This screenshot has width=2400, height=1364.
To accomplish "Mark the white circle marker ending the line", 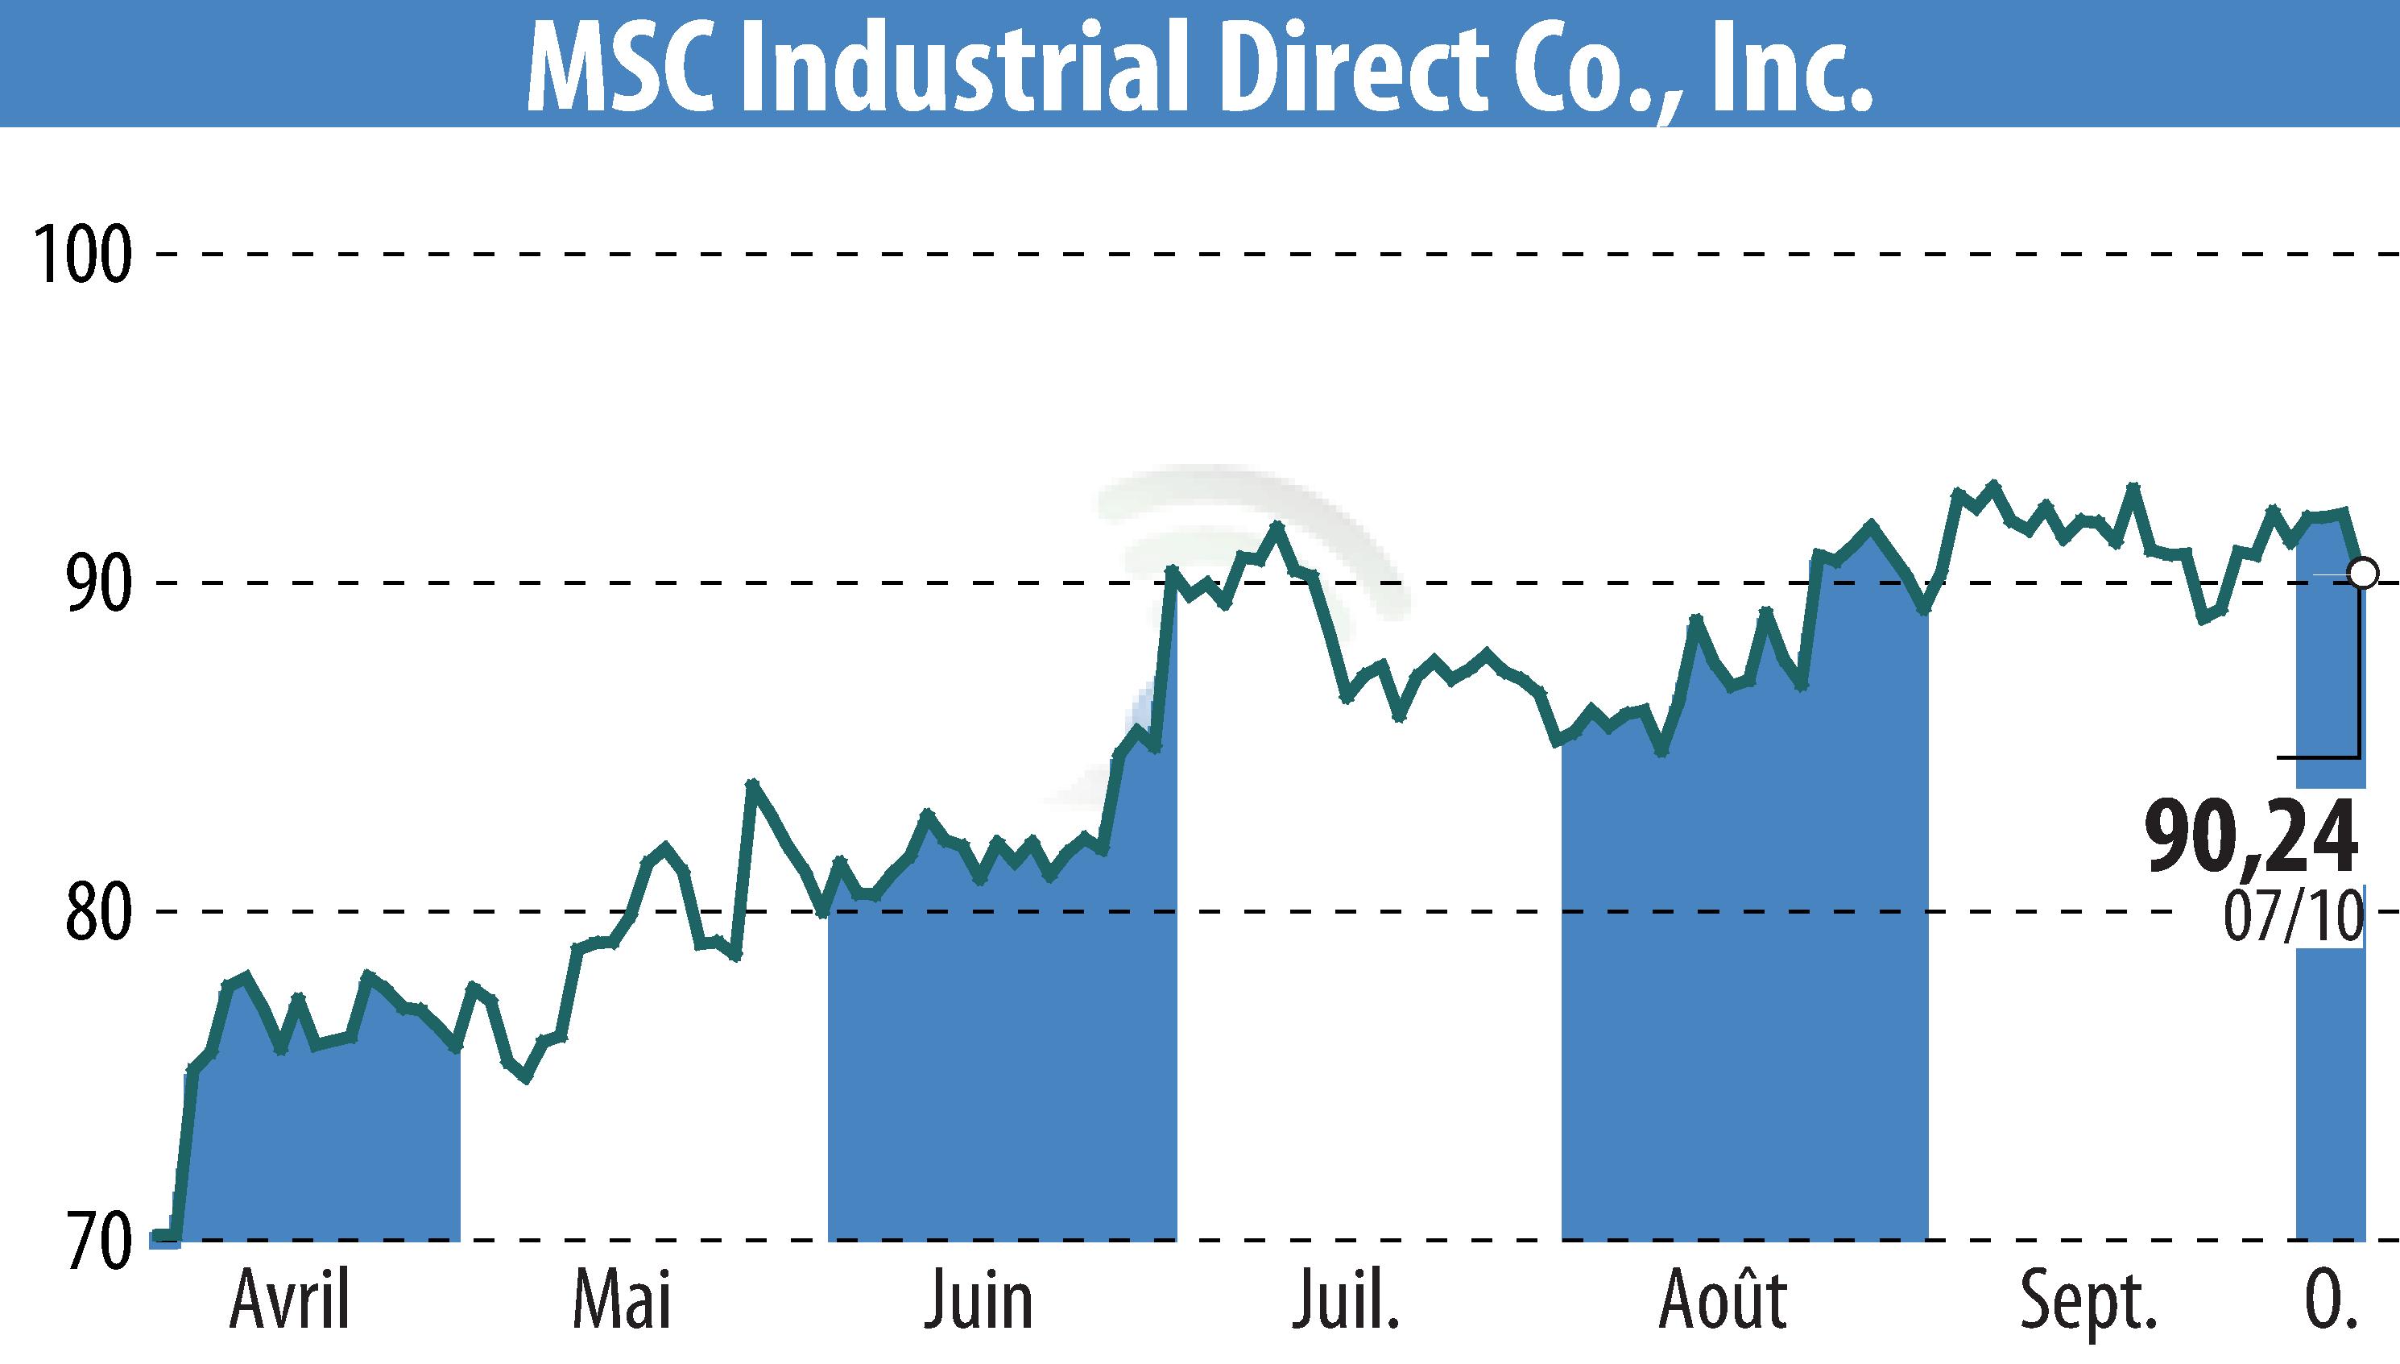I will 2362,572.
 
